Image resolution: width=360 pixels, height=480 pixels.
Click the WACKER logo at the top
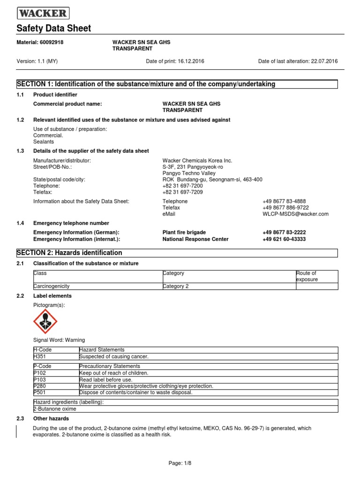(x=43, y=13)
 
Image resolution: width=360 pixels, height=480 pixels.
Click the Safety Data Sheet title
(x=54, y=29)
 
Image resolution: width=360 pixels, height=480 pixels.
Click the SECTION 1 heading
(x=146, y=84)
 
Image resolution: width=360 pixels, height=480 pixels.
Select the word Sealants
(x=44, y=142)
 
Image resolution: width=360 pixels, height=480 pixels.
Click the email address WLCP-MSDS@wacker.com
(x=295, y=214)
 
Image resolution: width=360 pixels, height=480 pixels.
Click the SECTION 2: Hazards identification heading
(x=69, y=253)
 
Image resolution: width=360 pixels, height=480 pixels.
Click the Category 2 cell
(x=176, y=286)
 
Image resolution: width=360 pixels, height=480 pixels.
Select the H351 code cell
(x=40, y=356)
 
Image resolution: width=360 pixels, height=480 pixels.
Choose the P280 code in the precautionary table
(x=39, y=386)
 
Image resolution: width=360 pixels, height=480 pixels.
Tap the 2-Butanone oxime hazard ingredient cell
(x=55, y=409)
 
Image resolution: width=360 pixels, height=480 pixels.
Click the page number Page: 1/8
(x=180, y=463)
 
